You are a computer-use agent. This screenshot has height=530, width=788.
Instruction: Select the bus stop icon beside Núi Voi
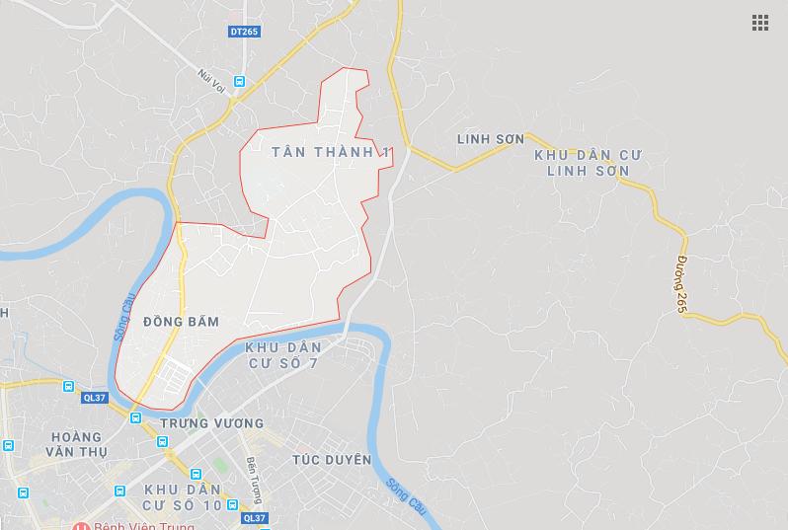coord(239,81)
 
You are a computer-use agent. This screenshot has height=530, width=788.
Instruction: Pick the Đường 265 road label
coord(681,284)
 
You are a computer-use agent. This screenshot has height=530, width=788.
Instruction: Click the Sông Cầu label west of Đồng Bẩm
coord(123,322)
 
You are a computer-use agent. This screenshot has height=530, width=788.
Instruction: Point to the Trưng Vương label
coord(211,423)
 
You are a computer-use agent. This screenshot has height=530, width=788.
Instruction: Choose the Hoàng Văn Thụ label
coord(80,444)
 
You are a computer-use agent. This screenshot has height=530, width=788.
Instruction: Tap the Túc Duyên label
coord(332,460)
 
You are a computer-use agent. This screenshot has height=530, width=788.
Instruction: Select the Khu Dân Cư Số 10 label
coord(186,498)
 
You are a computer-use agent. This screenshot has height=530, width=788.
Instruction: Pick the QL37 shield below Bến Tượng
coord(254,517)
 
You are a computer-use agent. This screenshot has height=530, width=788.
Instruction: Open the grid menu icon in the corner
coord(759,23)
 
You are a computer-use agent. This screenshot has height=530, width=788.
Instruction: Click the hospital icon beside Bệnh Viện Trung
coord(82,526)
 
